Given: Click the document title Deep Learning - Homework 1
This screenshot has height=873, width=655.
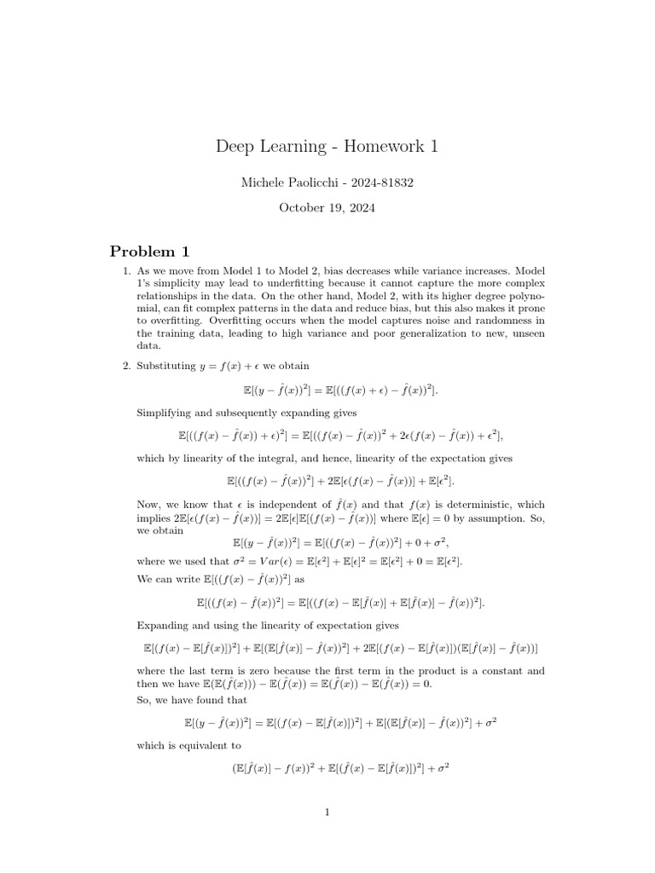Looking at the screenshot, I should point(327,146).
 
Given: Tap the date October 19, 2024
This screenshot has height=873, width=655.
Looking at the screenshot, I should point(327,207).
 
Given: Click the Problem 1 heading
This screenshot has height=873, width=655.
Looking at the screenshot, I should point(150,251).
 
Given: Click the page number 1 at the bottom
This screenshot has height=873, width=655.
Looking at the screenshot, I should point(327,812).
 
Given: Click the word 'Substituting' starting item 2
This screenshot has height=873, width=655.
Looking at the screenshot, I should point(165,366).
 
